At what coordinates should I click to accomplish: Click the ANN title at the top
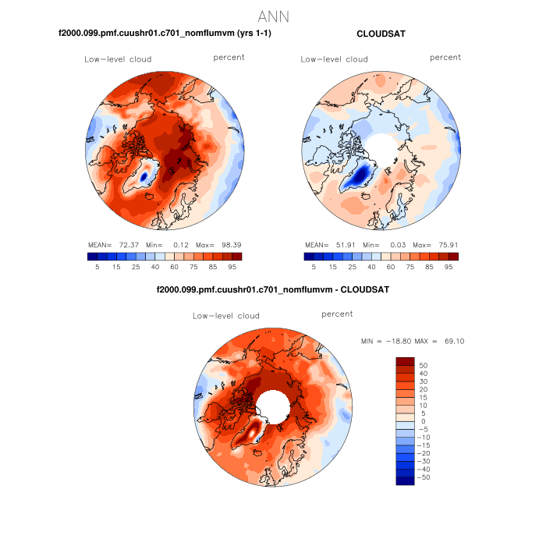273,16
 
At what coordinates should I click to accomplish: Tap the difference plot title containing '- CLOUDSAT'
273,289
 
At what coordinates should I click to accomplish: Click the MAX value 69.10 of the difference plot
455,341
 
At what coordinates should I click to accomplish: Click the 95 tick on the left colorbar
232,267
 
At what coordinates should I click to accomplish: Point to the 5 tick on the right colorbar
314,267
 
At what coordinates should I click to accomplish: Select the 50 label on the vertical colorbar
424,364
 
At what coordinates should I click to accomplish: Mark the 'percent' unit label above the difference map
337,314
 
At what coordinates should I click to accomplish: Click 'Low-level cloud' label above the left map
118,59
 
